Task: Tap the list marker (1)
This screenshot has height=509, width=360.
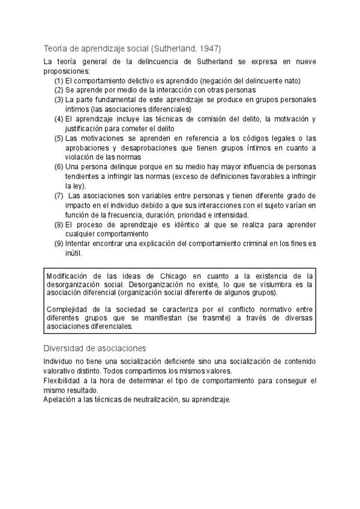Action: (59, 81)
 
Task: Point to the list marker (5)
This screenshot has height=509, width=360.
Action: (59, 138)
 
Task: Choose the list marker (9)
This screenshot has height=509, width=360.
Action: (59, 243)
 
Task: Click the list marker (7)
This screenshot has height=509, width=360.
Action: (59, 196)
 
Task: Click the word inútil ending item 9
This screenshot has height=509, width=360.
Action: (73, 253)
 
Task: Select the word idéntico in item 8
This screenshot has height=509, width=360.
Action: (189, 224)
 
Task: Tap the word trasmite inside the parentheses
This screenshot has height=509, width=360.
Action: (215, 318)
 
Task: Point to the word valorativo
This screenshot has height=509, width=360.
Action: (61, 371)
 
